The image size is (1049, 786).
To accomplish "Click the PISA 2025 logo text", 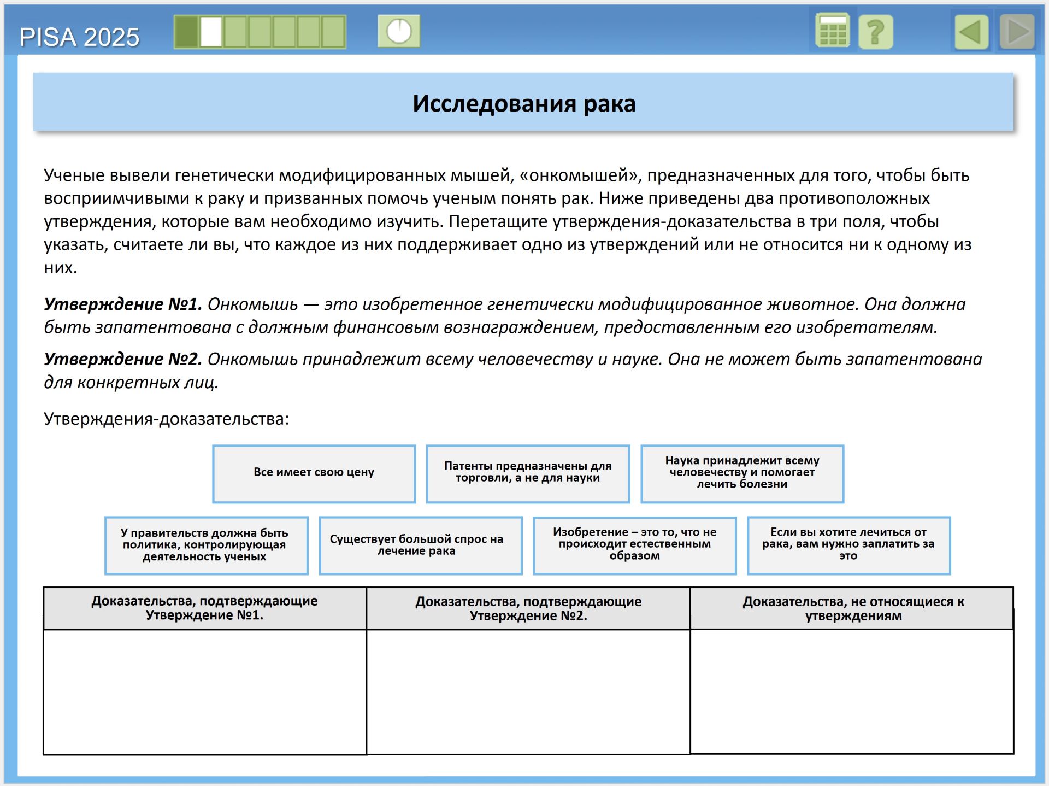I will tap(79, 37).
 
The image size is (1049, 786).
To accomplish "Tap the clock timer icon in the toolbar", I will tap(399, 31).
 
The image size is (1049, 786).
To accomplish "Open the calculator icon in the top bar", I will tap(832, 31).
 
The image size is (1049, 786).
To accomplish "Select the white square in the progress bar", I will tap(211, 32).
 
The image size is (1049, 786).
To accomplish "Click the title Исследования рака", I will tap(523, 103).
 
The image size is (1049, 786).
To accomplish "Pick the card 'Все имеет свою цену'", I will tap(314, 473).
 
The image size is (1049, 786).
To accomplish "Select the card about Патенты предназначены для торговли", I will tap(528, 473).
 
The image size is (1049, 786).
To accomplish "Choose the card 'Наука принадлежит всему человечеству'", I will tap(742, 473).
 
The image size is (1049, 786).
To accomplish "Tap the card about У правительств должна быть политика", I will tap(206, 545).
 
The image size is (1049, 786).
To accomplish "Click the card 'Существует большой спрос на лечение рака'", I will tap(420, 545).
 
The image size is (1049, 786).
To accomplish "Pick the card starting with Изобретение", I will tap(634, 545).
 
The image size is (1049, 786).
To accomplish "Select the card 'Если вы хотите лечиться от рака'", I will tap(848, 545).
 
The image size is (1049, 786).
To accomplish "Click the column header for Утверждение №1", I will tap(204, 608).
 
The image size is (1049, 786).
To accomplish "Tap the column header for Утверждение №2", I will tap(528, 608).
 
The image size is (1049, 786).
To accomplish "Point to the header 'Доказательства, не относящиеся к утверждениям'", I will tap(852, 608).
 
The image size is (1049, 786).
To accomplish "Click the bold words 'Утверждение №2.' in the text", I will tap(123, 359).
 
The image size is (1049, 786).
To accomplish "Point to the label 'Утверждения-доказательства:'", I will tap(166, 419).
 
